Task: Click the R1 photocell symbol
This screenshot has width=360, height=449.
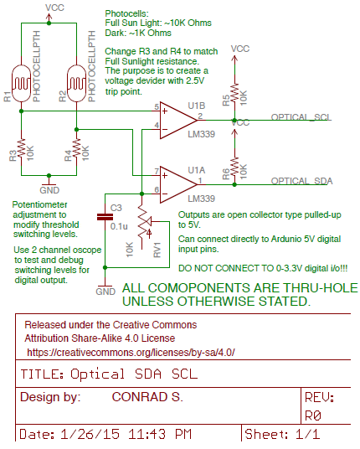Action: tap(21, 83)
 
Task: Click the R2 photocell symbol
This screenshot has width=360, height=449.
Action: tap(76, 83)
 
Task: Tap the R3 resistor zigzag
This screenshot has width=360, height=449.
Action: tap(21, 147)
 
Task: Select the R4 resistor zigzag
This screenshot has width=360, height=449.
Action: tap(76, 147)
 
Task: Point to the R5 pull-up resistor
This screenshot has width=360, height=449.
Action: tap(234, 92)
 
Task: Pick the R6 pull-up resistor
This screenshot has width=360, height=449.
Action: tap(234, 166)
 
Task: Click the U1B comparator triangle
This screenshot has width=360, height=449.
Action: tap(178, 121)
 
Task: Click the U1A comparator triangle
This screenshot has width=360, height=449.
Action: tap(178, 184)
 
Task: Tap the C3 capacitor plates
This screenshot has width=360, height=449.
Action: tap(105, 217)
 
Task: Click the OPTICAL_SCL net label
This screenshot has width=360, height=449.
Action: tap(301, 117)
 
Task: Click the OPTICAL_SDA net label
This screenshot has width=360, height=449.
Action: tap(301, 181)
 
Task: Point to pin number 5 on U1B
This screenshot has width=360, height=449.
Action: tap(157, 107)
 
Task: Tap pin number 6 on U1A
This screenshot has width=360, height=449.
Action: tap(157, 189)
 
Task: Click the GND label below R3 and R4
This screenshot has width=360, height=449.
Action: tap(49, 190)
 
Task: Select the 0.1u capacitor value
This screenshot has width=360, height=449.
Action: tap(119, 226)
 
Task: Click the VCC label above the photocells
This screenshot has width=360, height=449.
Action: tap(54, 8)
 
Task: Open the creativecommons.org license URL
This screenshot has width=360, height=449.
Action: tap(131, 352)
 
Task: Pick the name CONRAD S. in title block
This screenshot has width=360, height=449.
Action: tap(147, 397)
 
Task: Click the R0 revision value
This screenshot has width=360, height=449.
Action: tap(313, 415)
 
